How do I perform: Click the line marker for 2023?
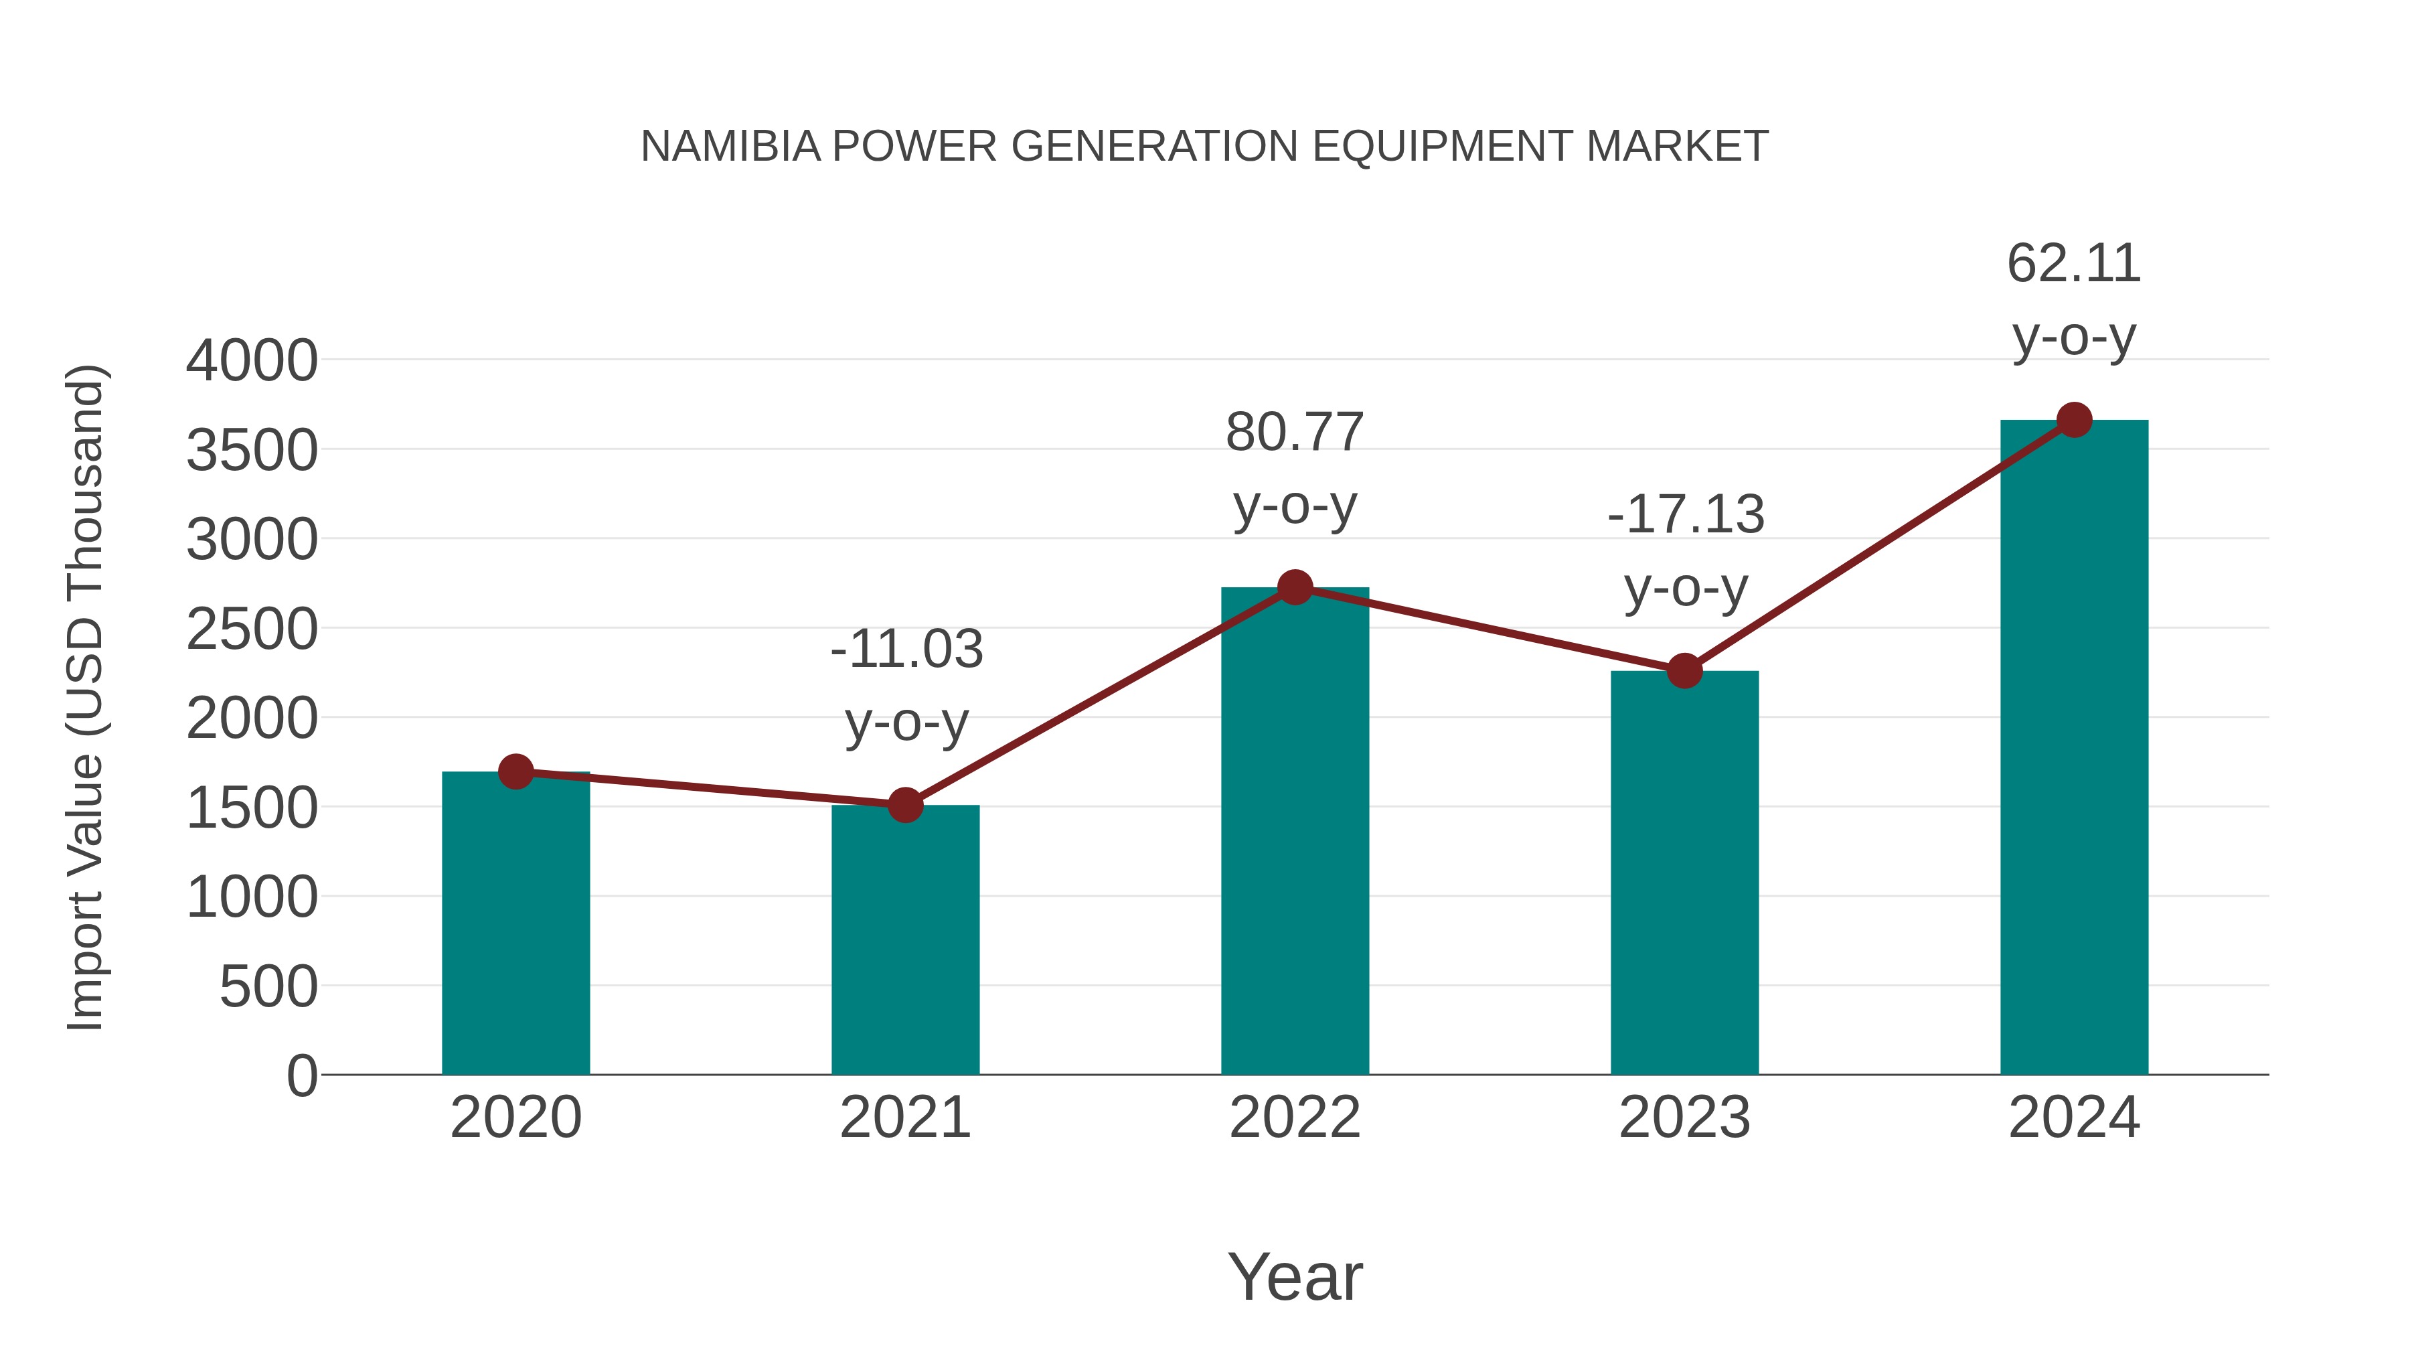pyautogui.click(x=1684, y=670)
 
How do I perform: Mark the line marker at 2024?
pyautogui.click(x=2074, y=420)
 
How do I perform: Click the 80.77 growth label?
pyautogui.click(x=1295, y=433)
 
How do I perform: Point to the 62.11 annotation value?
pyautogui.click(x=2074, y=263)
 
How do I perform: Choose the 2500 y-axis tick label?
pyautogui.click(x=252, y=630)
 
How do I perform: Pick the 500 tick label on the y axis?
pyautogui.click(x=268, y=987)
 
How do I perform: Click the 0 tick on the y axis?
pyautogui.click(x=301, y=1076)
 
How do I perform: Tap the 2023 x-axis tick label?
pyautogui.click(x=1684, y=1118)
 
